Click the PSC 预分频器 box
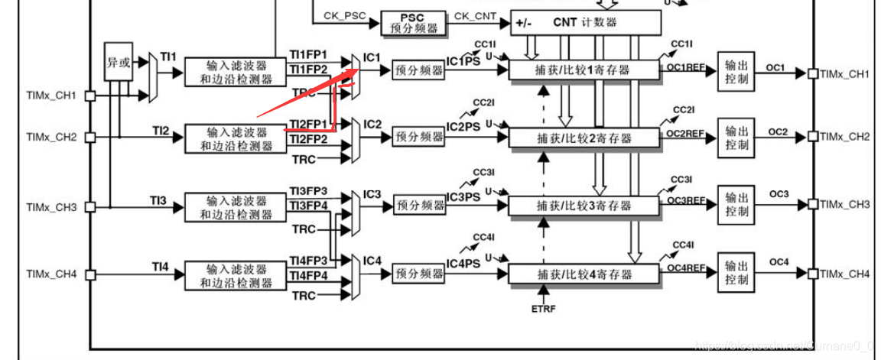pos(412,22)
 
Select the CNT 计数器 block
pos(585,22)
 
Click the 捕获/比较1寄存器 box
pos(584,70)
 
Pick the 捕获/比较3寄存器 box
pos(584,206)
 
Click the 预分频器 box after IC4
pos(418,273)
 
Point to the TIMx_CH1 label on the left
pos(51,96)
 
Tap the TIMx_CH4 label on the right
pos(845,274)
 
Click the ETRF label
pos(543,310)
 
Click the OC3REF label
pos(685,199)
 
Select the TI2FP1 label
pos(308,124)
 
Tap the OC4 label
pos(779,262)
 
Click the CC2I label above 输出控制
pos(683,110)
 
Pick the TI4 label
pos(159,266)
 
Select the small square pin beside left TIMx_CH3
pos(89,206)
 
